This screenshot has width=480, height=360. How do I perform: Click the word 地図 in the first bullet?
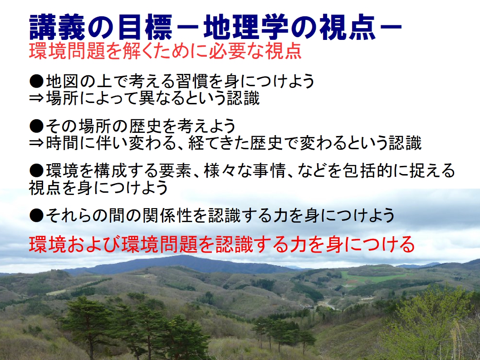tap(63, 81)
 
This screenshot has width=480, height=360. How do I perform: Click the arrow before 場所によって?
tap(36, 98)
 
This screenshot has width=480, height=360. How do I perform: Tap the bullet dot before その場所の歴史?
tap(36, 126)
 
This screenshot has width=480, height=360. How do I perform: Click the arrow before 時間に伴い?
tap(36, 143)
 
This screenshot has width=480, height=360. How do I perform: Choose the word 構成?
tap(111, 170)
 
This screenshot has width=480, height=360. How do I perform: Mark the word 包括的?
tap(367, 170)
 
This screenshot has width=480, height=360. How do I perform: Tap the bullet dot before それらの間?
tap(36, 216)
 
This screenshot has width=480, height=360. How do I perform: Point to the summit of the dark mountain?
tap(184, 256)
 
